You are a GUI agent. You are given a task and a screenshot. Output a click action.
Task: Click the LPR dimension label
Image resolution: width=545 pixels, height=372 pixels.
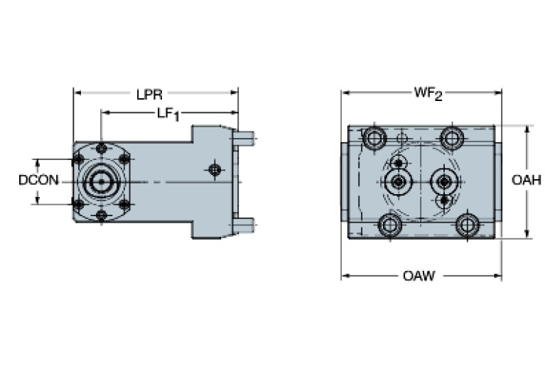click(x=151, y=92)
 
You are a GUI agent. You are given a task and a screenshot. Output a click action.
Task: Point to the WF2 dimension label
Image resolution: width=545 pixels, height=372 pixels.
click(x=428, y=93)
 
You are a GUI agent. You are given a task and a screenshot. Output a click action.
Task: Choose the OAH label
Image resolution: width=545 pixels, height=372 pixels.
click(x=527, y=180)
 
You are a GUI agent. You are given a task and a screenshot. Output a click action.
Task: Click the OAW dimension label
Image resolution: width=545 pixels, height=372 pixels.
click(x=419, y=275)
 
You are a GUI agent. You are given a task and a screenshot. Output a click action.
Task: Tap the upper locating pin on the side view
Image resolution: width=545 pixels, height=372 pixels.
click(x=244, y=137)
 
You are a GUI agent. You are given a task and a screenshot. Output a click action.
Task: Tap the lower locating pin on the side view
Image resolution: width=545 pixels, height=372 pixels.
click(x=244, y=225)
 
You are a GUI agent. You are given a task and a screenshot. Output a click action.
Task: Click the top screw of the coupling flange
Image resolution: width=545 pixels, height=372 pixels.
click(x=102, y=148)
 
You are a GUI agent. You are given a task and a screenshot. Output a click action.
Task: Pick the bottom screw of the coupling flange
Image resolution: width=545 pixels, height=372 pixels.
click(x=102, y=215)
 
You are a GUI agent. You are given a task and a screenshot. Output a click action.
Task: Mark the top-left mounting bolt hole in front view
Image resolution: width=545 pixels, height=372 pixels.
click(x=374, y=136)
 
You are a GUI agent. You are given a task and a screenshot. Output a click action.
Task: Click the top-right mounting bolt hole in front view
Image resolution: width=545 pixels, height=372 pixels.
click(x=451, y=136)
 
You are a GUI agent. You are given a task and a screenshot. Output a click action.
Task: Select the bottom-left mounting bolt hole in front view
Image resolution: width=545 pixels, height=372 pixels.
click(x=389, y=225)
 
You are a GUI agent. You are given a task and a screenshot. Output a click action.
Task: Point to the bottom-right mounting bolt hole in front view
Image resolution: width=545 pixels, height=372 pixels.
click(x=466, y=225)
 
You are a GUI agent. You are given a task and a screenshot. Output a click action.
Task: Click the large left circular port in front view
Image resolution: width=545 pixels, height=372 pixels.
click(x=399, y=182)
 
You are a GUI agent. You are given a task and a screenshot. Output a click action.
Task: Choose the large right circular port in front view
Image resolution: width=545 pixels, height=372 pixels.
click(x=445, y=181)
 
